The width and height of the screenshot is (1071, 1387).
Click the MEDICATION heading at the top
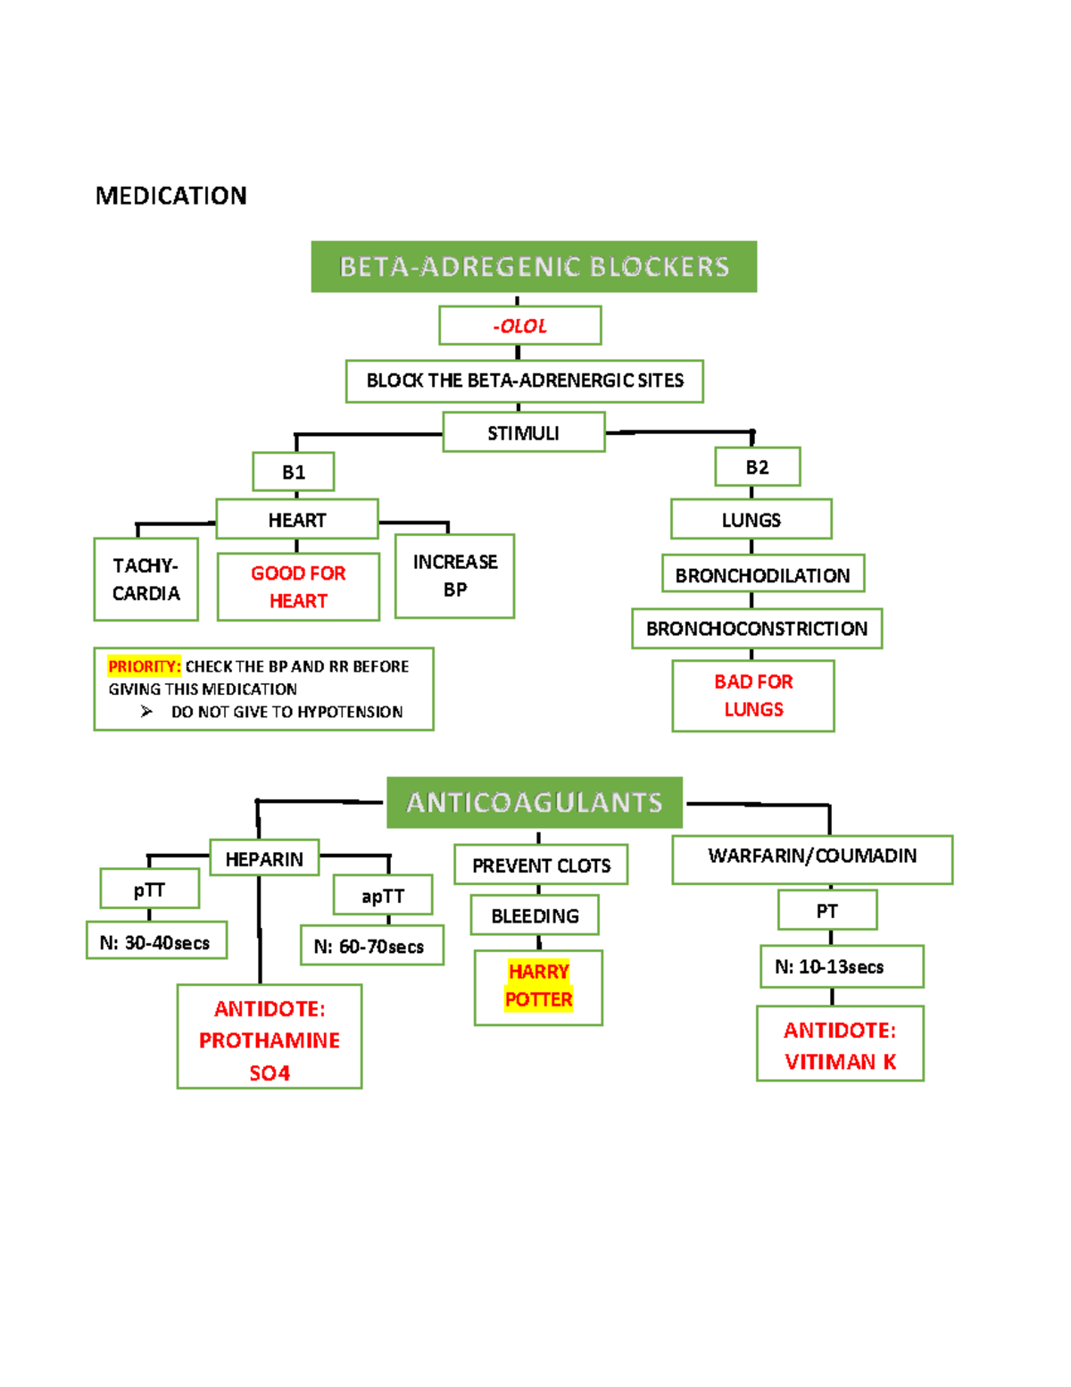coord(170,196)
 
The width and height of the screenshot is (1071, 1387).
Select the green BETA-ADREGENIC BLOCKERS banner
coord(534,266)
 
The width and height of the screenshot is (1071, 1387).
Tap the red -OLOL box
coord(519,326)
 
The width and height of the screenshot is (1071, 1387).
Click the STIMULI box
coord(524,433)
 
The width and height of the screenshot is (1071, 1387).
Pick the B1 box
coord(294,472)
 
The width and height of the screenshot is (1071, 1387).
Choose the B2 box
coord(757,467)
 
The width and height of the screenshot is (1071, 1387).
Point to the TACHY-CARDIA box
coord(145,579)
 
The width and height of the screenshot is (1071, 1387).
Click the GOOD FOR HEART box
coord(298,587)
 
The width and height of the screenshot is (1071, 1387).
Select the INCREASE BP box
coord(454,575)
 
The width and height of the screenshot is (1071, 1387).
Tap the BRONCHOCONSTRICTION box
coord(756,629)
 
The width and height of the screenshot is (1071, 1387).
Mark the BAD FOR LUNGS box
coord(753,695)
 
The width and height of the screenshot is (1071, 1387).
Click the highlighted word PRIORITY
coord(144,666)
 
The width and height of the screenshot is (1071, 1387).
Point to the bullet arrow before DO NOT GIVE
coord(146,712)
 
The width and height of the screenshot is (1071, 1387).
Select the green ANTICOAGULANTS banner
coord(534,802)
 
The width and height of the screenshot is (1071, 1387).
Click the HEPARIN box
coord(264,858)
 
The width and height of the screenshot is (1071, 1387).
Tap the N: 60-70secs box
coord(371,946)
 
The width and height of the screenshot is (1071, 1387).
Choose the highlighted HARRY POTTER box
coord(538,986)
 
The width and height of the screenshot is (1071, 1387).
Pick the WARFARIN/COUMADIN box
coord(812,858)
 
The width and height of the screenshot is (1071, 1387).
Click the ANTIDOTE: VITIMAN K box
coord(840,1044)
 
